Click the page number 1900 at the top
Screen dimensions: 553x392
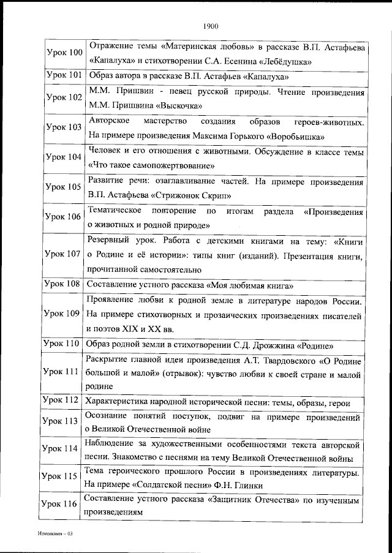(209, 26)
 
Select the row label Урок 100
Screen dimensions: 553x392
(64, 53)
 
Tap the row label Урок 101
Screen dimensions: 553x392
(64, 76)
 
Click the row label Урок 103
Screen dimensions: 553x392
(64, 127)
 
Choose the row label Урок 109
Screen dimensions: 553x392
(64, 313)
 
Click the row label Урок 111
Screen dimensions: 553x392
(64, 372)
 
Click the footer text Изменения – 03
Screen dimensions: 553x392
(54, 534)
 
